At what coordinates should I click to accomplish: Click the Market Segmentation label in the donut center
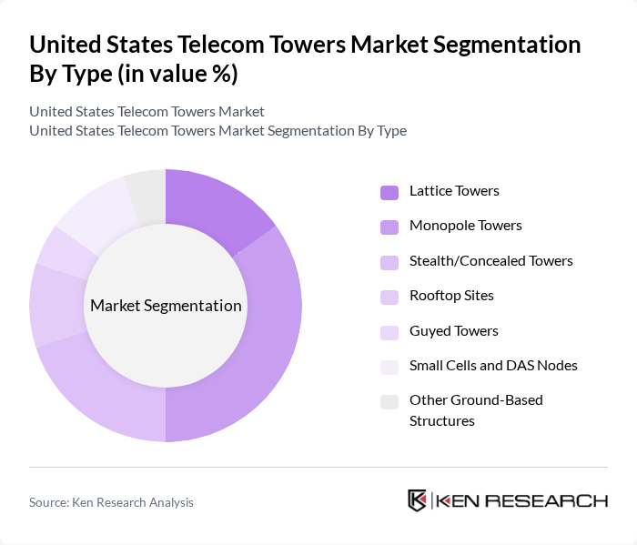(x=166, y=306)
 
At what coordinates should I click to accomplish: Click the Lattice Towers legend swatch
(x=389, y=192)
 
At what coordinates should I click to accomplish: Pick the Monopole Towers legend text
(x=465, y=226)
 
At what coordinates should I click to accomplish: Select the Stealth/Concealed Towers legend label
(x=490, y=261)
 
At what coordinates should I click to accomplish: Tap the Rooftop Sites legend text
(x=451, y=296)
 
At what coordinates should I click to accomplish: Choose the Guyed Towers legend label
(x=453, y=331)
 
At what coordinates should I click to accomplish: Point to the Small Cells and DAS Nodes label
(x=493, y=366)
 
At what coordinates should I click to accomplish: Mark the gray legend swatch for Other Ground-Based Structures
(x=389, y=401)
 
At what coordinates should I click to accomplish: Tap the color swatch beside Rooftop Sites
(x=389, y=297)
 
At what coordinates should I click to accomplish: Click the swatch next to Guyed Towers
(x=389, y=332)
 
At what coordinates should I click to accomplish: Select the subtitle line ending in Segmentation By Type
(x=217, y=130)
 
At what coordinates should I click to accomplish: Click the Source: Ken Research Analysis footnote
(x=112, y=502)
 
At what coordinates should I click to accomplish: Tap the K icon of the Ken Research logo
(x=416, y=500)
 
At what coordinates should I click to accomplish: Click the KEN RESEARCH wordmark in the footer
(x=521, y=500)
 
